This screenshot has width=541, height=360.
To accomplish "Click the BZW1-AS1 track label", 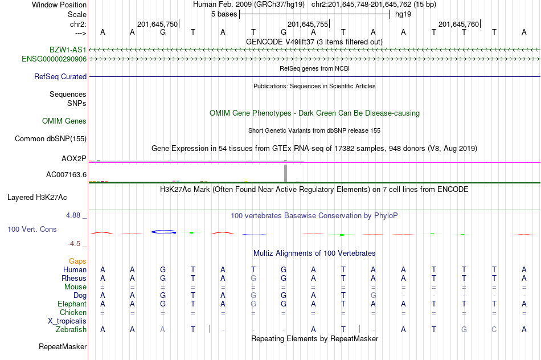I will click(x=68, y=50).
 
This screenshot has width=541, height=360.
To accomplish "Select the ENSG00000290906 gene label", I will click(x=54, y=59).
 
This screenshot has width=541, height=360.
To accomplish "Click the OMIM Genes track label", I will click(x=64, y=121).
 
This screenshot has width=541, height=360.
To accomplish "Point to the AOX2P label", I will click(x=74, y=158).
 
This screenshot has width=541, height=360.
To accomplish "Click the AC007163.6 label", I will click(x=66, y=174).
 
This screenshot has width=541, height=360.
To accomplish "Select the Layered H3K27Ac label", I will click(x=37, y=198).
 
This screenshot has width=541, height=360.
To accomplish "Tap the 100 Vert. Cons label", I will click(x=31, y=229).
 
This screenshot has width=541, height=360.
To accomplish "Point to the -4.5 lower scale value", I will click(x=75, y=244).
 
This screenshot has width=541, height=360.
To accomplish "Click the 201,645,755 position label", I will click(x=308, y=24).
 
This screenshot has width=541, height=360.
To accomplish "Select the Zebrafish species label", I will click(x=71, y=329).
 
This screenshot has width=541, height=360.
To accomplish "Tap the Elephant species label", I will click(x=72, y=304).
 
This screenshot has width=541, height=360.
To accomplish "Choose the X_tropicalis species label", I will click(x=67, y=321).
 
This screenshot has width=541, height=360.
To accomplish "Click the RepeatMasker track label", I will click(x=63, y=346).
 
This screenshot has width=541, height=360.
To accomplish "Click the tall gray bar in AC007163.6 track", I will click(x=286, y=173).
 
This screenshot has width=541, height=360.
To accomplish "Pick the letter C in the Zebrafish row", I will click(x=494, y=329).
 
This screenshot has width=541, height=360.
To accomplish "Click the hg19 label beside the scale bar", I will click(x=403, y=14).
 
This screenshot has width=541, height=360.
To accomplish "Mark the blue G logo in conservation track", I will click(x=163, y=232).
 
